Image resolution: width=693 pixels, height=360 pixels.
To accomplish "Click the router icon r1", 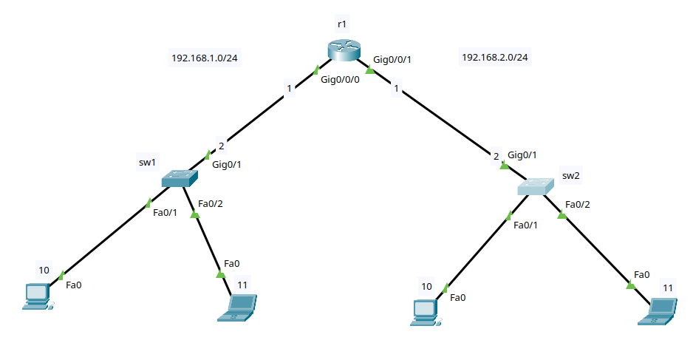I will coord(341,50).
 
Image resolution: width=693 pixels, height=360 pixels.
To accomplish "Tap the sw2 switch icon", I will coord(536,186).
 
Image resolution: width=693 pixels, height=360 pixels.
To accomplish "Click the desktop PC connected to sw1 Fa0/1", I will coord(36,295).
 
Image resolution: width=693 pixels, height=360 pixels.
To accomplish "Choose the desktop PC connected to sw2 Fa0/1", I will coord(426,312).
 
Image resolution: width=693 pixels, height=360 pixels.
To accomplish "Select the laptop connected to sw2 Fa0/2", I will coord(658,310).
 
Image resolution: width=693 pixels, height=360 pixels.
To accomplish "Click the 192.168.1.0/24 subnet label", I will coord(205,58).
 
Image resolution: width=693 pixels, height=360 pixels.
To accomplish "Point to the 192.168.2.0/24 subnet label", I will coord(495,58).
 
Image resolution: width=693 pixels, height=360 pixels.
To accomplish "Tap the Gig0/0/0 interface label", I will coord(340,80).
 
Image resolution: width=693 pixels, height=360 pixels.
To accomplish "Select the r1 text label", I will coord(341,25).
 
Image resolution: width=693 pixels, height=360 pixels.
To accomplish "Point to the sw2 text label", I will coord(572,176).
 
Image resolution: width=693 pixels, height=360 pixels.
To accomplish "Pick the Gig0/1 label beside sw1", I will coord(227,164).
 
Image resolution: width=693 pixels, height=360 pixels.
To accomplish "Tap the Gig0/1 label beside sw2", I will coord(522,154).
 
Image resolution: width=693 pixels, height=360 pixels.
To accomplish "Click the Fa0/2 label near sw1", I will coord(211,203).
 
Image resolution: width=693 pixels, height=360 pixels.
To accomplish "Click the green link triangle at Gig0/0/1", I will coord(370,72).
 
